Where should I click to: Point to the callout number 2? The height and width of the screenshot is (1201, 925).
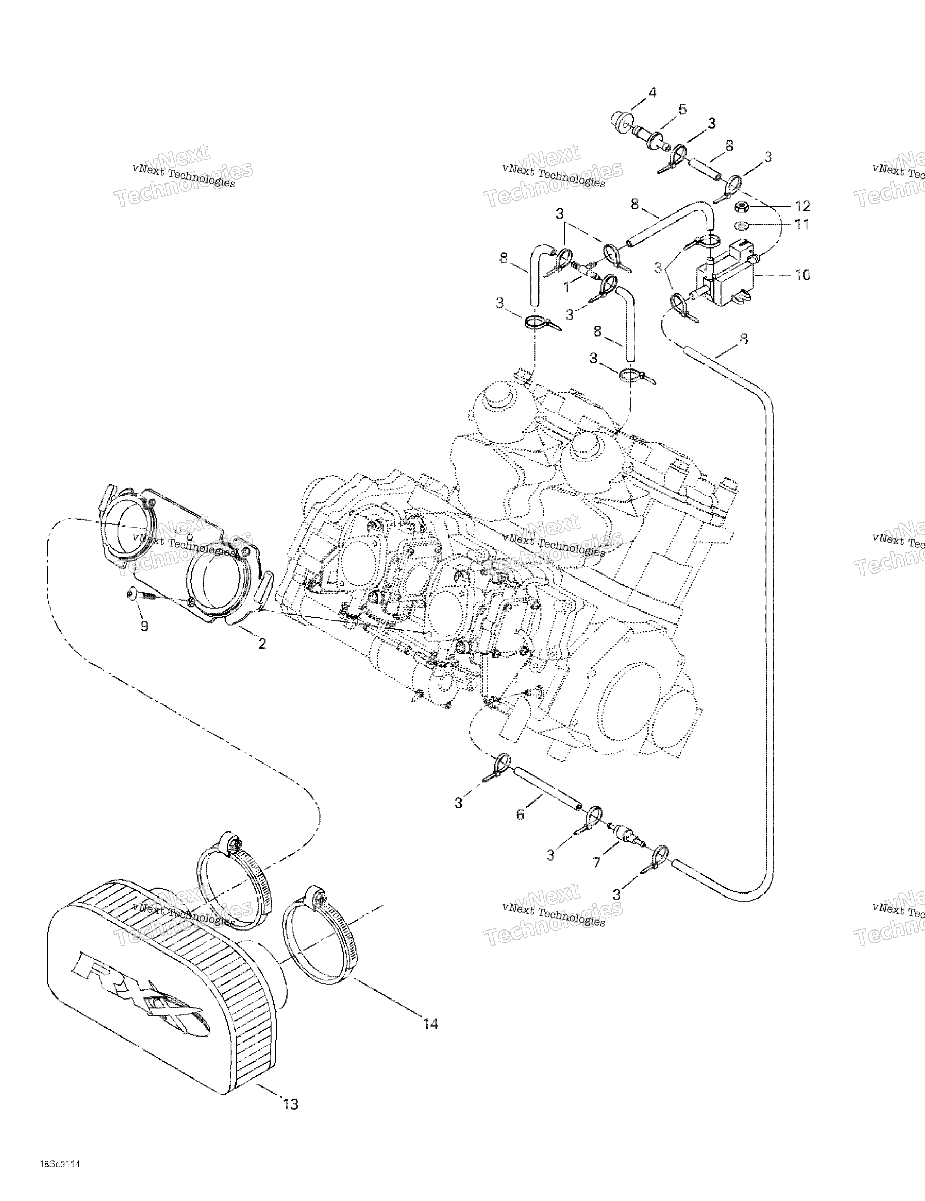(262, 643)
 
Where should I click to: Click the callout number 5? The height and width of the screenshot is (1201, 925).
(682, 110)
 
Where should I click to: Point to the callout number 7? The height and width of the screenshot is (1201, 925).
(597, 863)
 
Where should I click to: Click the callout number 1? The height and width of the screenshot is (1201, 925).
(567, 287)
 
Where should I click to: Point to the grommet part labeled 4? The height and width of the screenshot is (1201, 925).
(622, 122)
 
